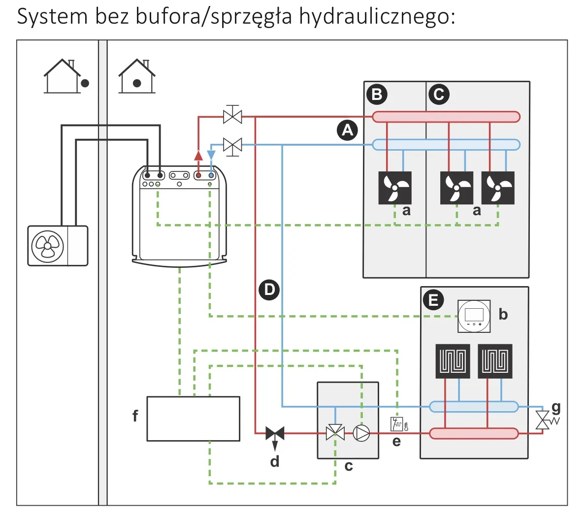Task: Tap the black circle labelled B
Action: (377, 94)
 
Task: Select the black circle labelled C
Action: (439, 94)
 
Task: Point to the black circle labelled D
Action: (269, 289)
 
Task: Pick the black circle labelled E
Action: (433, 299)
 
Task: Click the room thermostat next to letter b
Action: (474, 315)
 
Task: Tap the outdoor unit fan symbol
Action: (47, 246)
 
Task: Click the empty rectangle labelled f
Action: (194, 419)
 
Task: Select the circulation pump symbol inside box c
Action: (361, 433)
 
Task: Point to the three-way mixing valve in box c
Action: (335, 433)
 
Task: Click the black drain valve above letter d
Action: (275, 433)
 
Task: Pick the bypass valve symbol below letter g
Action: (543, 420)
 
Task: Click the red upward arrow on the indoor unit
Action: (198, 156)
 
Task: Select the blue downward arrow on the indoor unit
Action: (211, 156)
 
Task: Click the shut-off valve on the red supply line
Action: (232, 117)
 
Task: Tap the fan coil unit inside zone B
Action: (394, 188)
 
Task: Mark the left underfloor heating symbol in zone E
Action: (453, 361)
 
